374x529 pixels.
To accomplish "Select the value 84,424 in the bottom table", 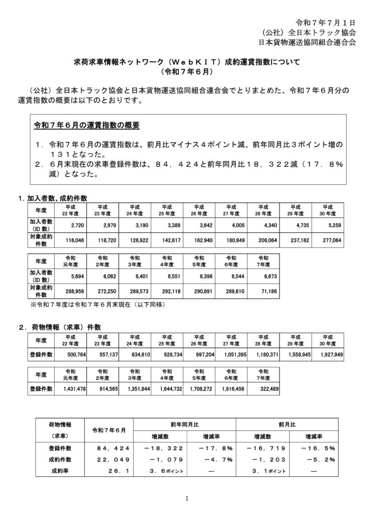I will (108, 447).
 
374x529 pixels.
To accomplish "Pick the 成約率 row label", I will (61, 471).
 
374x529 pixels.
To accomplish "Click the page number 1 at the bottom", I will (186, 499).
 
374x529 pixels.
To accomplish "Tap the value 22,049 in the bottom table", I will (108, 459).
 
